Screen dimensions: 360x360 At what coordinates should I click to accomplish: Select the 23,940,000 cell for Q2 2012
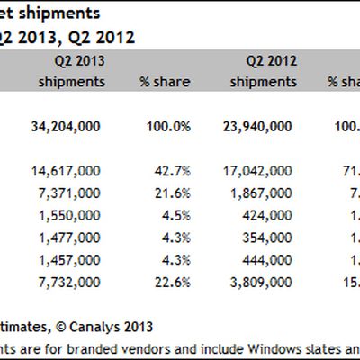point(256,127)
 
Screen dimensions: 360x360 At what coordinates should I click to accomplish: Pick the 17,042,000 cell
point(256,170)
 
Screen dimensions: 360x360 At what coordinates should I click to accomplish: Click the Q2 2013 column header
point(73,61)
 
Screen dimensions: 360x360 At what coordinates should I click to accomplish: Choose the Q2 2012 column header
point(271,61)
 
